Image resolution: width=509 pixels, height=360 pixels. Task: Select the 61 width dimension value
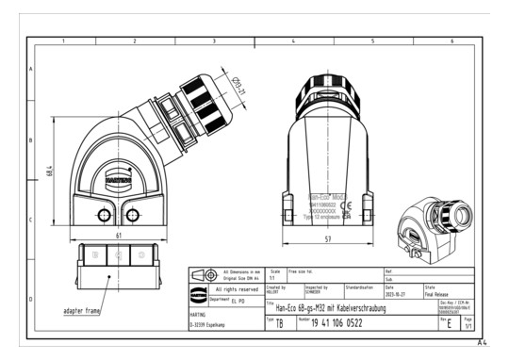click(116, 234)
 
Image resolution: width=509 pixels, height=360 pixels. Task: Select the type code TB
click(278, 322)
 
